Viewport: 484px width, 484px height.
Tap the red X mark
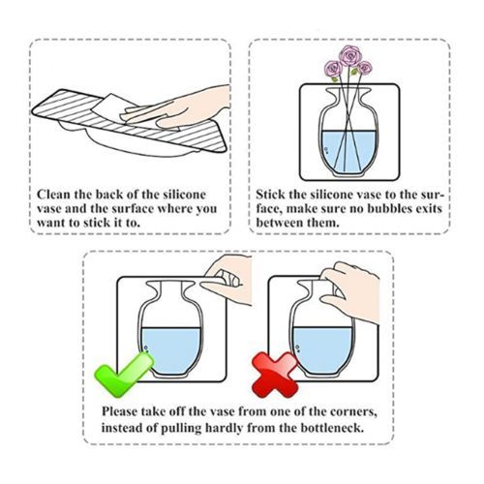click(275, 375)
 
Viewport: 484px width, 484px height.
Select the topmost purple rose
click(350, 56)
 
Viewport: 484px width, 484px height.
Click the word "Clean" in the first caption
click(53, 195)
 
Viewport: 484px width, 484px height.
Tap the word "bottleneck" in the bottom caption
click(332, 428)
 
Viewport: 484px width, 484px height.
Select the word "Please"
click(120, 411)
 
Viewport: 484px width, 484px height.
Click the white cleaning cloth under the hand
click(114, 108)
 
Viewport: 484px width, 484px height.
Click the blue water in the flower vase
click(348, 151)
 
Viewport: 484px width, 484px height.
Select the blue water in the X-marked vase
click(322, 349)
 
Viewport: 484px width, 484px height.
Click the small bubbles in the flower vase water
click(326, 150)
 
